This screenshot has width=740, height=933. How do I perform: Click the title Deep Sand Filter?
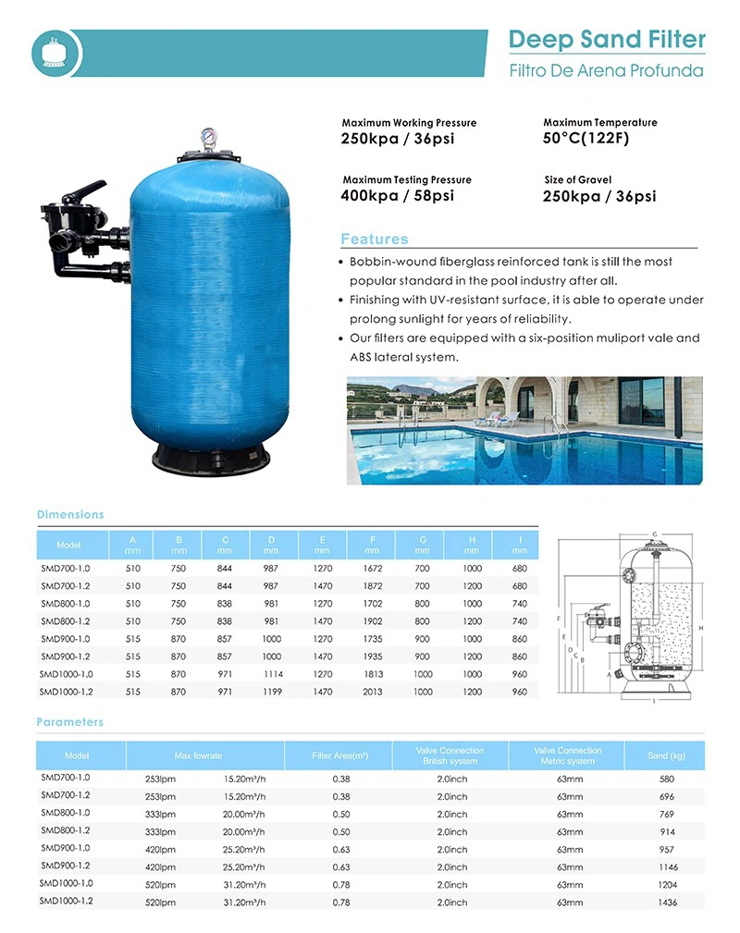point(606,39)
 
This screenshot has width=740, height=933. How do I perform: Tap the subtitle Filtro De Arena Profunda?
point(606,70)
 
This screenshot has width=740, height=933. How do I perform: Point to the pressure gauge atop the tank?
point(210,139)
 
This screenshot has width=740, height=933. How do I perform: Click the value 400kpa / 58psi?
point(398,195)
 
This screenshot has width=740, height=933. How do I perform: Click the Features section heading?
point(374,239)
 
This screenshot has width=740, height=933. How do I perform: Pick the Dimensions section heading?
point(70,514)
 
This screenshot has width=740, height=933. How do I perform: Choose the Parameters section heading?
point(70,722)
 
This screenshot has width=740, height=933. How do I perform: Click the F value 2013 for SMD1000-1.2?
point(373,691)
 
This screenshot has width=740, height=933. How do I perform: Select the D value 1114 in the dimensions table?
point(271,673)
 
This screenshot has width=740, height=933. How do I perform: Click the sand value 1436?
point(667,902)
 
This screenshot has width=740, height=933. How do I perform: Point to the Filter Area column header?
point(340,755)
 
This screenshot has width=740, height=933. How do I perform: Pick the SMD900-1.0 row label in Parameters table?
point(65,848)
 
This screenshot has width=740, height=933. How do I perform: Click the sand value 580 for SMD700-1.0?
point(667,779)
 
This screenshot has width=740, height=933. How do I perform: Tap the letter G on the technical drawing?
point(654,534)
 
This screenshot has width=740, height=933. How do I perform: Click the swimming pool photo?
point(524,429)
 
